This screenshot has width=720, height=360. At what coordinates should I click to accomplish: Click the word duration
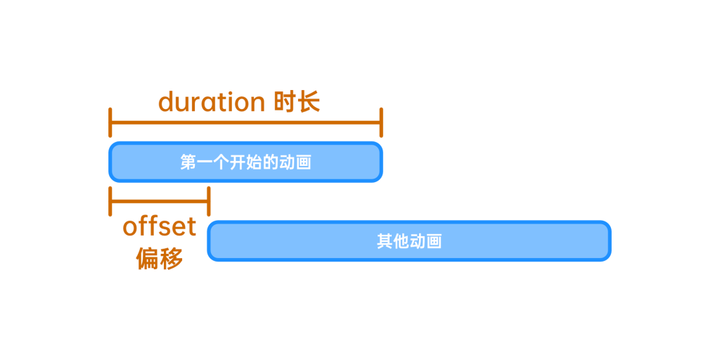point(212,102)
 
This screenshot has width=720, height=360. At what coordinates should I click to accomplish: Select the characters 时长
point(297,102)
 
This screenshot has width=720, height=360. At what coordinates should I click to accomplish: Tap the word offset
point(160,226)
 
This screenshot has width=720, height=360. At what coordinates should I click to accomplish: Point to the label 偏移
point(160,258)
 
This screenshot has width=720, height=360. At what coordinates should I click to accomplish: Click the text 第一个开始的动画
point(245,162)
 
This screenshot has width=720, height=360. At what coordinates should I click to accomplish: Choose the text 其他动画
point(409,242)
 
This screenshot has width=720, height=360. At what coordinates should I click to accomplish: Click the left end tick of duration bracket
point(110,122)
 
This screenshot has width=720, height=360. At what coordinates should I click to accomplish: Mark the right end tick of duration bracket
point(381,122)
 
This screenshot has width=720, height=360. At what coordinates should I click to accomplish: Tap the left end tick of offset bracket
point(110,201)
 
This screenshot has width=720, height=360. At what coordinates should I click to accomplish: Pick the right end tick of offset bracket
point(209,201)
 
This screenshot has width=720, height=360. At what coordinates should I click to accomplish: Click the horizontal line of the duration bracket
point(245,122)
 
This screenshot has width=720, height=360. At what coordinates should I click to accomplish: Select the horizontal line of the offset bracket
point(160,201)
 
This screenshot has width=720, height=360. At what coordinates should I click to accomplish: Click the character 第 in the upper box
point(188,162)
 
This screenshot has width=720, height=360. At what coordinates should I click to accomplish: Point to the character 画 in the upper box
point(304,162)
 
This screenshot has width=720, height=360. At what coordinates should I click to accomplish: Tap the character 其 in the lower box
point(385,242)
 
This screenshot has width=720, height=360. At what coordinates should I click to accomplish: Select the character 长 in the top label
point(309,102)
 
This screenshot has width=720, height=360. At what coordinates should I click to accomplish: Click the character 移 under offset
point(172,258)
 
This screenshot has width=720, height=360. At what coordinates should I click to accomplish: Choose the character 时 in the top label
point(285,102)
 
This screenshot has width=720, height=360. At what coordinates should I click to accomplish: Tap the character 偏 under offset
point(148,258)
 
